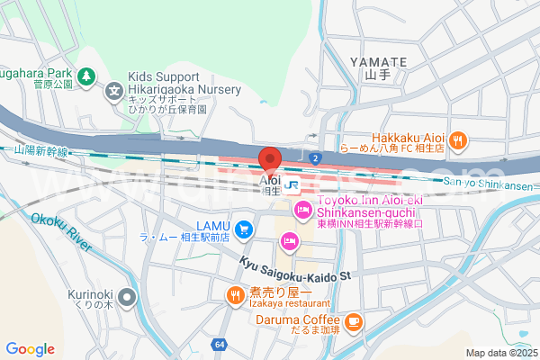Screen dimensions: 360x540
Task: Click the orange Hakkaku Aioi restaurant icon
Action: [x=458, y=139]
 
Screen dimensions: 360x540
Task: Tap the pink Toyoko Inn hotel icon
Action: [x=303, y=211]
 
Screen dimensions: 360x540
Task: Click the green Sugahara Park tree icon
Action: [x=85, y=76]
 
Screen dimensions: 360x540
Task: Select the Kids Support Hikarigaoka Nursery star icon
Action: [x=115, y=90]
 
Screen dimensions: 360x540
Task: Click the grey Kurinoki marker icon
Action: [x=128, y=296]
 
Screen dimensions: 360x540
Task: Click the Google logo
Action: [x=30, y=349]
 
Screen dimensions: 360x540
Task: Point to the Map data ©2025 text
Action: [x=500, y=353]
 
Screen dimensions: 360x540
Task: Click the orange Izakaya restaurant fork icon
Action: [x=235, y=293]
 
